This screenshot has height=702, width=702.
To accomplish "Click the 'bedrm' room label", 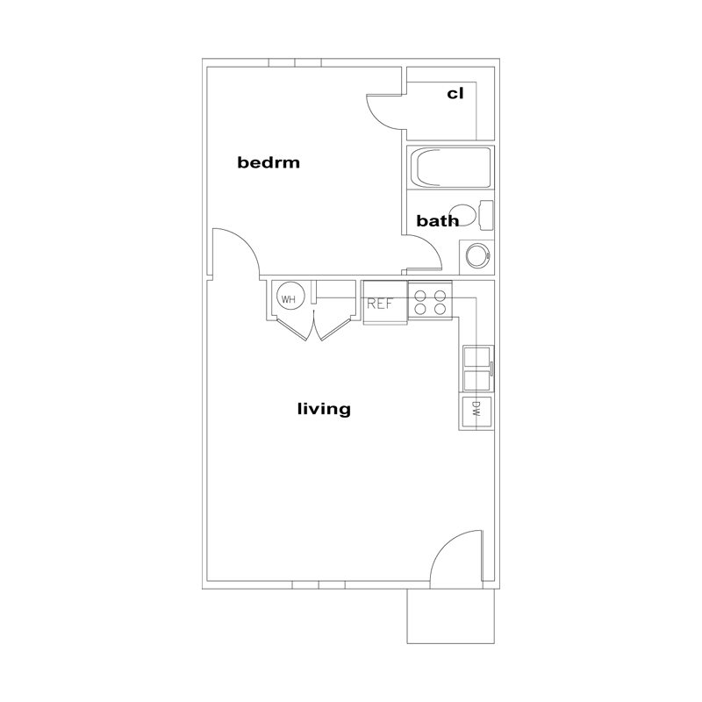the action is click(x=269, y=162).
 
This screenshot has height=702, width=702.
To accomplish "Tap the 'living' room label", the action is click(x=324, y=409).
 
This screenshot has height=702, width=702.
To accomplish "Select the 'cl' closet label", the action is click(x=455, y=94).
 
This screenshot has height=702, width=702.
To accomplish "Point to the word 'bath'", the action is click(x=437, y=221).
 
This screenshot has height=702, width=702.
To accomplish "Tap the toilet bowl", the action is click(x=462, y=215).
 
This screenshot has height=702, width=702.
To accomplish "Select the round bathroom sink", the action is click(x=477, y=256).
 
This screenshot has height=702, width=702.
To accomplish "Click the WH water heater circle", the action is click(x=290, y=299).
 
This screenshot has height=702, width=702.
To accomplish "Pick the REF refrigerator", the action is click(x=385, y=303).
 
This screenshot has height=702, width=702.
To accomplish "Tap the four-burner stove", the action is click(x=430, y=300).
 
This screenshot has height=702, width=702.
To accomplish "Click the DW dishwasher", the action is click(x=476, y=412).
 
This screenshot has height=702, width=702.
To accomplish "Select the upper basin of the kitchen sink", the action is click(x=476, y=357).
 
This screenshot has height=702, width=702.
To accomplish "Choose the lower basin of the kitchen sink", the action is click(x=476, y=380).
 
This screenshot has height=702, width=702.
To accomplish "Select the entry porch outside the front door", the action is click(x=450, y=616).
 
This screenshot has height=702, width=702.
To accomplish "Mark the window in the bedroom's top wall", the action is click(x=295, y=62).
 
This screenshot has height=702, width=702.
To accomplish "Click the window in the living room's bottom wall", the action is click(x=319, y=584).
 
